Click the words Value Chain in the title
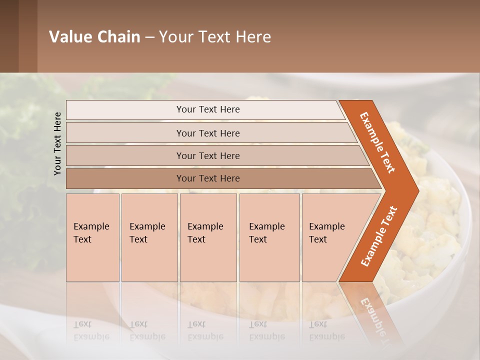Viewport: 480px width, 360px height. coord(94,36)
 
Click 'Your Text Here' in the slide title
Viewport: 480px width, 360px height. coord(215,36)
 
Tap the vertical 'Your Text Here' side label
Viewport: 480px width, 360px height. coord(57,143)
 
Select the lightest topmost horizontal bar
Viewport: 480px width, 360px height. coord(125,110)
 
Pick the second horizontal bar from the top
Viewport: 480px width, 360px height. coord(125,133)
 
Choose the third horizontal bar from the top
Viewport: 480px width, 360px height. coord(125,155)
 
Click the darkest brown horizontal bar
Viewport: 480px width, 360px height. coord(125,178)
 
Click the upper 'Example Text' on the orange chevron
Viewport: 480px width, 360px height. coord(377,142)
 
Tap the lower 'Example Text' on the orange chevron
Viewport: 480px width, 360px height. coord(379,236)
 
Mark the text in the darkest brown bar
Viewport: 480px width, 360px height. coord(208,178)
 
